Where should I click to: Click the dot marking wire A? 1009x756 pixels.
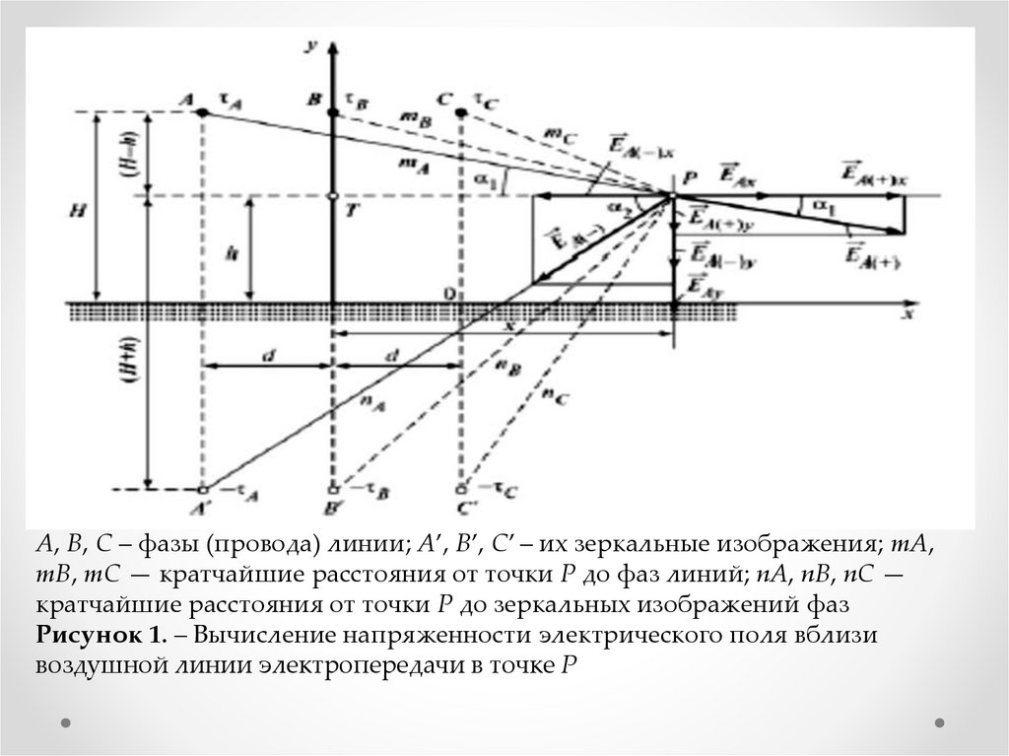203,113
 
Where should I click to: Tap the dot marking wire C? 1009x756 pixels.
462,113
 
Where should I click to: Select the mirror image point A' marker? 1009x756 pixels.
203,489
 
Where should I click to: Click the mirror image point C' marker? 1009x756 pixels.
462,489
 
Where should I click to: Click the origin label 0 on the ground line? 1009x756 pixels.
448,293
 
